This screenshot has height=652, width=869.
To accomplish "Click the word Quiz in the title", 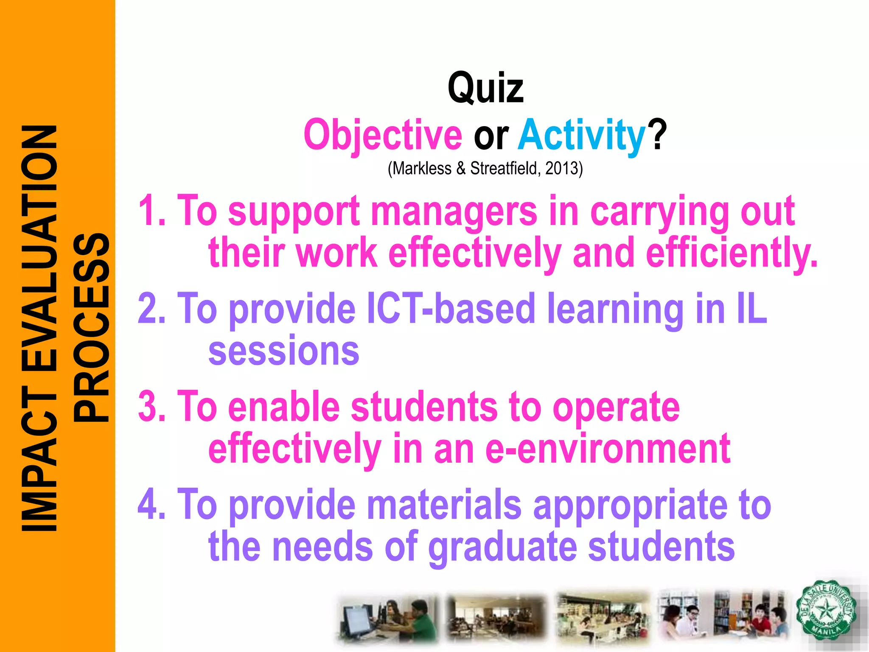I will pyautogui.click(x=485, y=88).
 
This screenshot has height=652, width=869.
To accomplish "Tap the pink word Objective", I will pyautogui.click(x=383, y=135).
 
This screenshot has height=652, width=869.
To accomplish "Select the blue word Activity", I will pyautogui.click(x=582, y=135).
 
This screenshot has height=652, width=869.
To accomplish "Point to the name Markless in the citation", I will pyautogui.click(x=422, y=169).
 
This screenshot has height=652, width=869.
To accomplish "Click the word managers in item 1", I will pyautogui.click(x=454, y=211).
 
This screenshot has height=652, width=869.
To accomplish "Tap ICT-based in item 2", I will pyautogui.click(x=451, y=309).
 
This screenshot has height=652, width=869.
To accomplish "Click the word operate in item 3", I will pyautogui.click(x=616, y=407).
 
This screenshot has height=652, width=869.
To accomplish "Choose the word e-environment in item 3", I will pyautogui.click(x=608, y=449).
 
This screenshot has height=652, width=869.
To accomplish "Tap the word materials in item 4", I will pyautogui.click(x=444, y=504).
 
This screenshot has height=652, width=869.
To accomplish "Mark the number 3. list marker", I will pyautogui.click(x=152, y=407).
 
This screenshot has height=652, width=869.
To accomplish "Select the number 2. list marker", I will pyautogui.click(x=152, y=309).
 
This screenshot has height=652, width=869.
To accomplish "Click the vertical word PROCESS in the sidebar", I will pyautogui.click(x=91, y=327).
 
